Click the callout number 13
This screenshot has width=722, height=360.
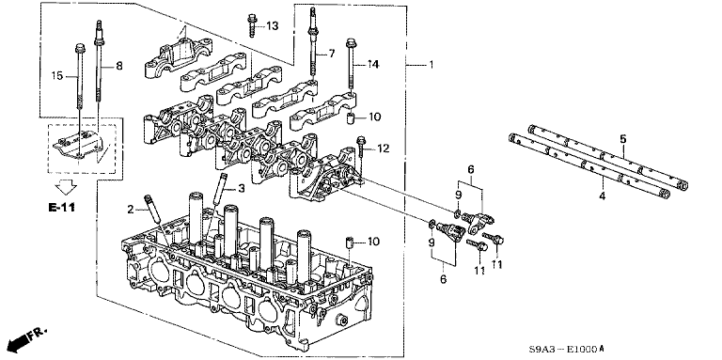click(x=272, y=25)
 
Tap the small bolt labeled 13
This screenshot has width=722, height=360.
click(x=252, y=25)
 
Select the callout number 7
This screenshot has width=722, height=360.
click(x=332, y=55)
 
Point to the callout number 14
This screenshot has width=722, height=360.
click(x=372, y=65)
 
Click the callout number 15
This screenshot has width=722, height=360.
click(x=56, y=75)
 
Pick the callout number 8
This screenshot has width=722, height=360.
click(x=118, y=67)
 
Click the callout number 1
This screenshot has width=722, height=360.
click(x=431, y=65)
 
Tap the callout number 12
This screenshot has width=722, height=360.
click(x=384, y=149)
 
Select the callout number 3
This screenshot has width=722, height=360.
click(x=242, y=189)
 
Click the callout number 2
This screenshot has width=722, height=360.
click(x=131, y=210)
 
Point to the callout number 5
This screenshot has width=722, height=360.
click(x=623, y=138)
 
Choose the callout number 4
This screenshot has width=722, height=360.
click(x=603, y=196)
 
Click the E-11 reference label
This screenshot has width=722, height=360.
click(x=61, y=208)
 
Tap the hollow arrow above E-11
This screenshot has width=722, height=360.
click(x=66, y=187)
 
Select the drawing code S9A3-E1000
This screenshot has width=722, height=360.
click(x=563, y=349)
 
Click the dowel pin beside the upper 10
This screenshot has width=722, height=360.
click(x=351, y=117)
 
